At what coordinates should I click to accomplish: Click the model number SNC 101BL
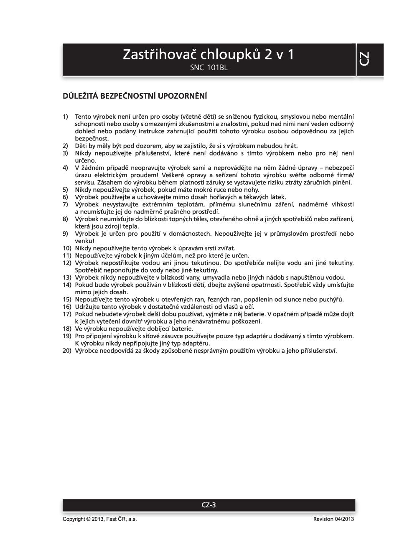(x=209, y=67)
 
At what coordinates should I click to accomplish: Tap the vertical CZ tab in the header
(x=364, y=59)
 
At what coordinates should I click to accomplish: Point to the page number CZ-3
(x=209, y=505)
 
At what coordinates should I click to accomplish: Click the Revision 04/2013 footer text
(x=333, y=519)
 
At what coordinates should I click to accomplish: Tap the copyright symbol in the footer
(x=88, y=519)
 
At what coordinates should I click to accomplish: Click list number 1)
(x=65, y=117)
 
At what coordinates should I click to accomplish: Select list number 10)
(x=67, y=248)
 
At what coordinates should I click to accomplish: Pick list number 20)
(x=67, y=351)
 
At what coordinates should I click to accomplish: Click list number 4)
(x=65, y=168)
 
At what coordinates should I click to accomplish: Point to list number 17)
(x=67, y=314)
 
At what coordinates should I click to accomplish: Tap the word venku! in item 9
(x=84, y=241)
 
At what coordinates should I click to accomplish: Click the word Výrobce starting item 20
(x=87, y=351)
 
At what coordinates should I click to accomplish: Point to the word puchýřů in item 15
(x=330, y=299)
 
